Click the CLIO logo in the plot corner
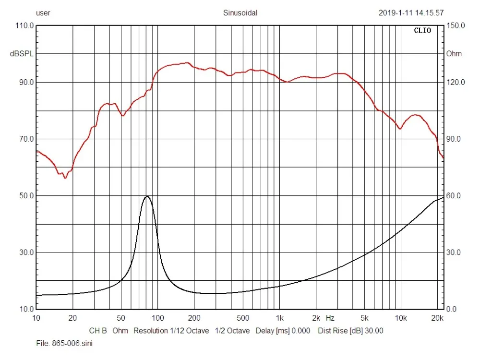(422, 31)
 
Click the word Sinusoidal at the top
(240, 13)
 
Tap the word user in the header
(43, 13)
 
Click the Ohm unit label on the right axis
(454, 54)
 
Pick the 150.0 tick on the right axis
(456, 25)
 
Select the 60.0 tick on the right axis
(454, 196)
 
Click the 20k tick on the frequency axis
(437, 318)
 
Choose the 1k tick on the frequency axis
(280, 318)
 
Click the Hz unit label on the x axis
(330, 318)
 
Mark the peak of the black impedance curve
(147, 196)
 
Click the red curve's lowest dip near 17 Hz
(65, 178)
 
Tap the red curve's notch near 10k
(400, 129)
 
